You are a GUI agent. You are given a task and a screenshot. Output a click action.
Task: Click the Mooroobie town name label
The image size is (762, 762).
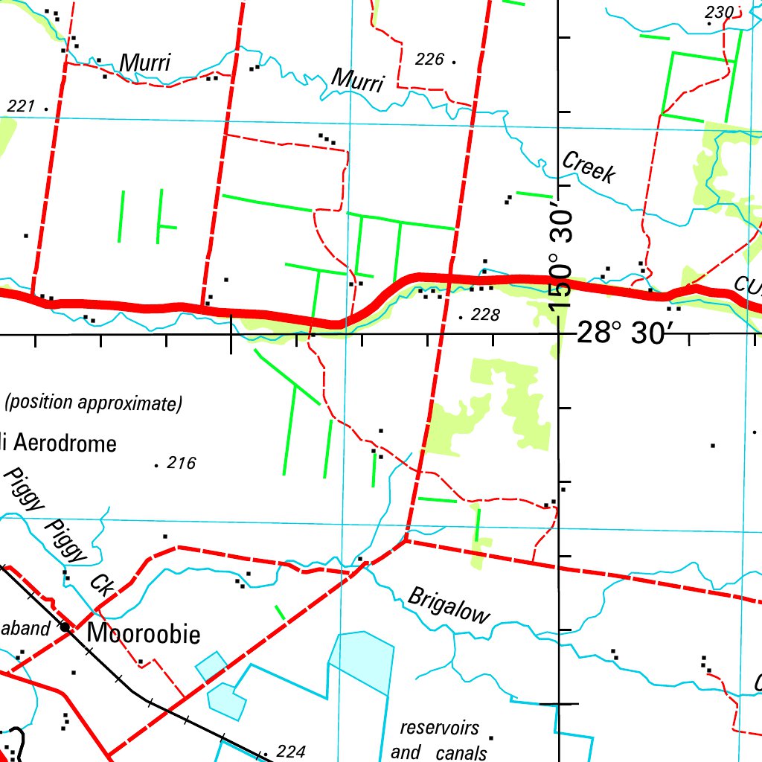click(144, 634)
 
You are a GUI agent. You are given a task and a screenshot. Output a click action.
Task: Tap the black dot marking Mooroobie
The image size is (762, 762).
click(65, 627)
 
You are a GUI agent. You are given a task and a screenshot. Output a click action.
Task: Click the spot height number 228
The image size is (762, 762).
click(485, 316)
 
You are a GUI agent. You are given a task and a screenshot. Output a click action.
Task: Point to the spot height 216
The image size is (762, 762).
click(181, 464)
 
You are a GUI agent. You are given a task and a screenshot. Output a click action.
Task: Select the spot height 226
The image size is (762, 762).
click(429, 59)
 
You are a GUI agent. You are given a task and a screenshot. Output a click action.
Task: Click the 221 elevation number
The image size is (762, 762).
click(21, 107)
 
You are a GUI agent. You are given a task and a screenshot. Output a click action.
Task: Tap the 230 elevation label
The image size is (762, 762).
click(720, 12)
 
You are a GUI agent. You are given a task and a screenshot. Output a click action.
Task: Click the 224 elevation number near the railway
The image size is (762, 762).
click(290, 752)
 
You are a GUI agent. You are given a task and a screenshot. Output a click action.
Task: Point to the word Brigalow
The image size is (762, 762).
click(449, 605)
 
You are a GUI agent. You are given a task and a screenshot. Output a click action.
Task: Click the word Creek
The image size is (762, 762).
click(589, 167)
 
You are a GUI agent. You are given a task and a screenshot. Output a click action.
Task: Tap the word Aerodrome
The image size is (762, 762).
click(65, 444)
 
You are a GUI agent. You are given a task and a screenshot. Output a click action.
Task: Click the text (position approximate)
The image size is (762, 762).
click(93, 404)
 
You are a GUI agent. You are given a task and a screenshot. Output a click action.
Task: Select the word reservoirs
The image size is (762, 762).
click(439, 728)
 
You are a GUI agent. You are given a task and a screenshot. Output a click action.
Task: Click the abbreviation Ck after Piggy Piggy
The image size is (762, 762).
click(102, 584)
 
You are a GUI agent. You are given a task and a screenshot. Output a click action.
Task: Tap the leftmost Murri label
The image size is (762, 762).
click(145, 63)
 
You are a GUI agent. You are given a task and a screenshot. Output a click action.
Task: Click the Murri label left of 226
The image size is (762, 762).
click(358, 80)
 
